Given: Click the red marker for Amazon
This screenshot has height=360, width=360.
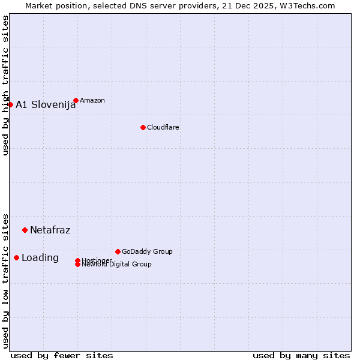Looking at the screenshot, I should click(76, 100).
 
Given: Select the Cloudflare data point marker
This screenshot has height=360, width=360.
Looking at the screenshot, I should click(143, 127).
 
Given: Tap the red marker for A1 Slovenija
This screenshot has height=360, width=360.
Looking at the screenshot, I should click(10, 104).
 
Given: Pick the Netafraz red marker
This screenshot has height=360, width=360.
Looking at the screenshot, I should click(25, 230).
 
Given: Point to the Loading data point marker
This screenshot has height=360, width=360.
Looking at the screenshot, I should click(16, 257).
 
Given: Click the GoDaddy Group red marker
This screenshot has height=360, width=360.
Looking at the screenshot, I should click(118, 251).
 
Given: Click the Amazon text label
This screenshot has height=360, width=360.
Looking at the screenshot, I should click(92, 100).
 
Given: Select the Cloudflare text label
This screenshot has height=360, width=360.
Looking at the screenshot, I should click(163, 127).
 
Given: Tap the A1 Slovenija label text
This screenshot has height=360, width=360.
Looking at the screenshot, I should click(46, 104).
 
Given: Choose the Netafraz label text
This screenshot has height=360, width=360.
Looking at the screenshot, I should click(50, 230).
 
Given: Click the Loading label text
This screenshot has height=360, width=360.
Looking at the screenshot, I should click(40, 257).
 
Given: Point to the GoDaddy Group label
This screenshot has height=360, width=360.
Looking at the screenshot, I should click(146, 251).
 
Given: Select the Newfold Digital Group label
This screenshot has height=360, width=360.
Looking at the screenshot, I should click(116, 264).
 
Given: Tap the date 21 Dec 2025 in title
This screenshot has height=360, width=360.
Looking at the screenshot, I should click(252, 5).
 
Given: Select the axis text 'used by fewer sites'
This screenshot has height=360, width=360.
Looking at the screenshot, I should click(62, 355).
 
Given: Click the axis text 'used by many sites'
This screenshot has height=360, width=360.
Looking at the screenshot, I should click(301, 355).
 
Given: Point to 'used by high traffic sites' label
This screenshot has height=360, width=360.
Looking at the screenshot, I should click(5, 85).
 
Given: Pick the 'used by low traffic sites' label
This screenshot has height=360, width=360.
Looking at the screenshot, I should click(5, 280).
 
